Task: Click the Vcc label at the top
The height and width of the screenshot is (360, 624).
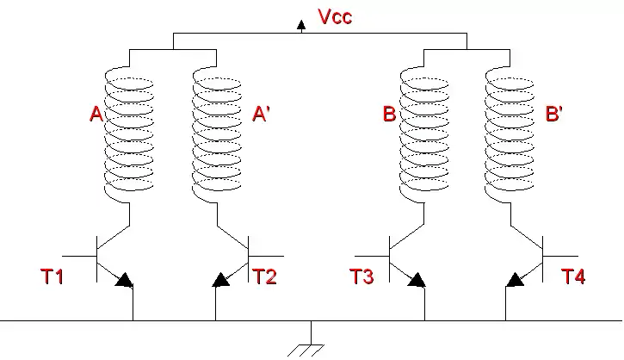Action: coord(333,16)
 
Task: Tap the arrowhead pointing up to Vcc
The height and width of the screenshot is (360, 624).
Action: coord(301,26)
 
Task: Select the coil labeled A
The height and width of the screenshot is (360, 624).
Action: coord(129,133)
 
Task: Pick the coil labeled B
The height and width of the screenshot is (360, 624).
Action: coord(425,133)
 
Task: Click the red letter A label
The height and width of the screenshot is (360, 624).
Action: coord(96,114)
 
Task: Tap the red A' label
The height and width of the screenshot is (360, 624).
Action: coord(261,114)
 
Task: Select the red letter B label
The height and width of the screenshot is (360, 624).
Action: coord(389,114)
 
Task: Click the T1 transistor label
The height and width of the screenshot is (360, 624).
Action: coord(52,276)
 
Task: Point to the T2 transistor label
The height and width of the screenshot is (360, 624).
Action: coord(264,276)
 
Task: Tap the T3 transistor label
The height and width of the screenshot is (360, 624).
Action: coord(361,276)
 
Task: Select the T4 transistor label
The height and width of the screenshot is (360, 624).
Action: coord(573,276)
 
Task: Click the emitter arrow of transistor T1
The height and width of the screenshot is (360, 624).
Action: coord(124,280)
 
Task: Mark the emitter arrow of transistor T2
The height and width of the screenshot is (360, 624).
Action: coord(221,280)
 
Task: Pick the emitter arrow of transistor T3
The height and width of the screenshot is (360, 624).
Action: coord(417,280)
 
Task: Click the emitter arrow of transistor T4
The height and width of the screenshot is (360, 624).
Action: coord(516,280)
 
